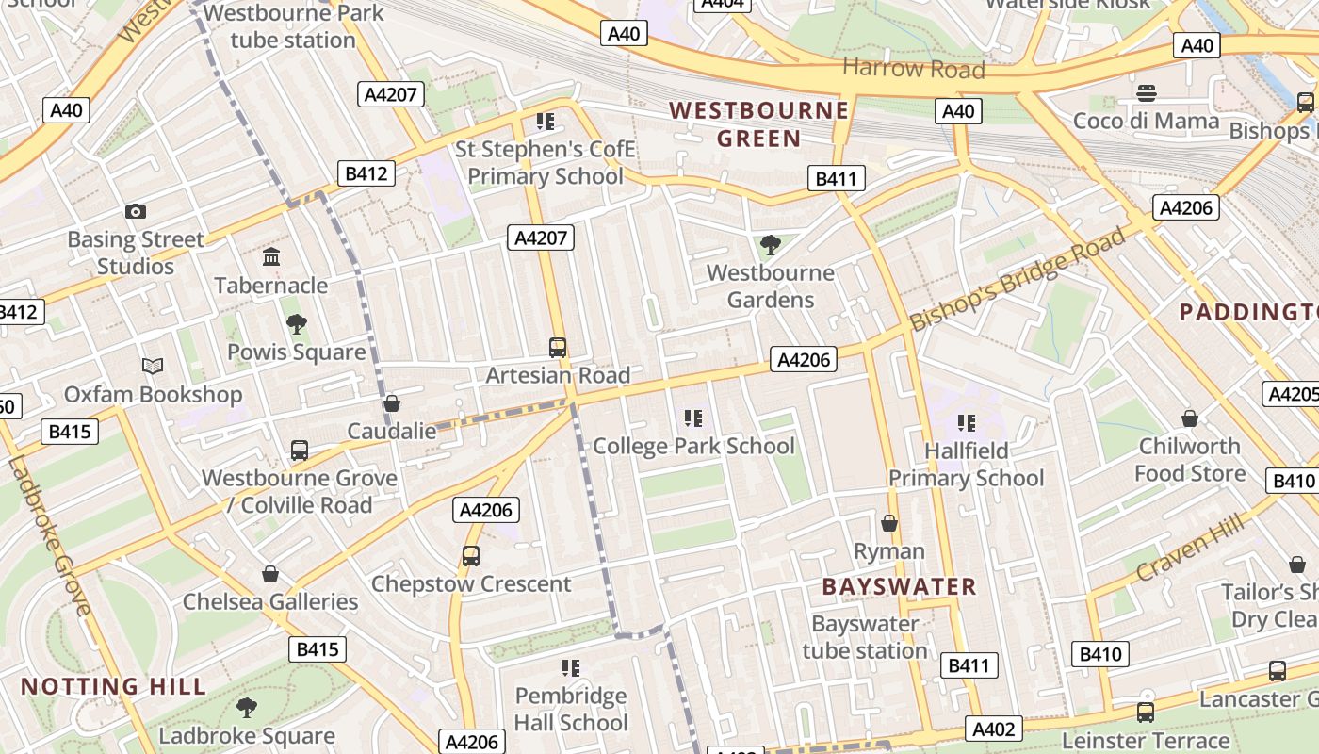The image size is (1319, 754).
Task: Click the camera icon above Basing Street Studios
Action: click(x=136, y=212)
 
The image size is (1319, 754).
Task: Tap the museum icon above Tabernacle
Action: click(x=271, y=256)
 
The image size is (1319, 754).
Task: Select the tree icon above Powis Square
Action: click(x=297, y=324)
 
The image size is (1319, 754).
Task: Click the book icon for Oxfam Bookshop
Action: click(x=153, y=366)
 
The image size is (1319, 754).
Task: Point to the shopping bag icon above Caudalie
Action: click(x=392, y=403)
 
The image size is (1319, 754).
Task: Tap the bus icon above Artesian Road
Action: click(x=558, y=347)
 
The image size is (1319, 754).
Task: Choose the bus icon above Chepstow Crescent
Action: click(x=471, y=556)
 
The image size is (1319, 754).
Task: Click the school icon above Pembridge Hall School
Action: click(x=571, y=668)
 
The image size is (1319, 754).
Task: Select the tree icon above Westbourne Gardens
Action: click(x=770, y=245)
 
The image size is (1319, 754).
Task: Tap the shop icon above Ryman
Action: click(x=889, y=522)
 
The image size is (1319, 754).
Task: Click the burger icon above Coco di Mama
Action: click(x=1147, y=92)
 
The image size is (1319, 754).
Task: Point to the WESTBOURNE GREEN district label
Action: click(x=759, y=124)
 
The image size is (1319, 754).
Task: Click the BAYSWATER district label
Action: click(x=899, y=586)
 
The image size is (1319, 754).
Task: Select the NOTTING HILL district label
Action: click(x=113, y=686)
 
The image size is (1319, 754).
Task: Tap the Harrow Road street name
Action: click(x=913, y=69)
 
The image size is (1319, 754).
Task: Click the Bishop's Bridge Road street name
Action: click(x=1018, y=279)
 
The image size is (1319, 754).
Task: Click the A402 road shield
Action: click(x=994, y=729)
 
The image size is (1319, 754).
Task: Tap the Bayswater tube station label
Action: click(x=865, y=637)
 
